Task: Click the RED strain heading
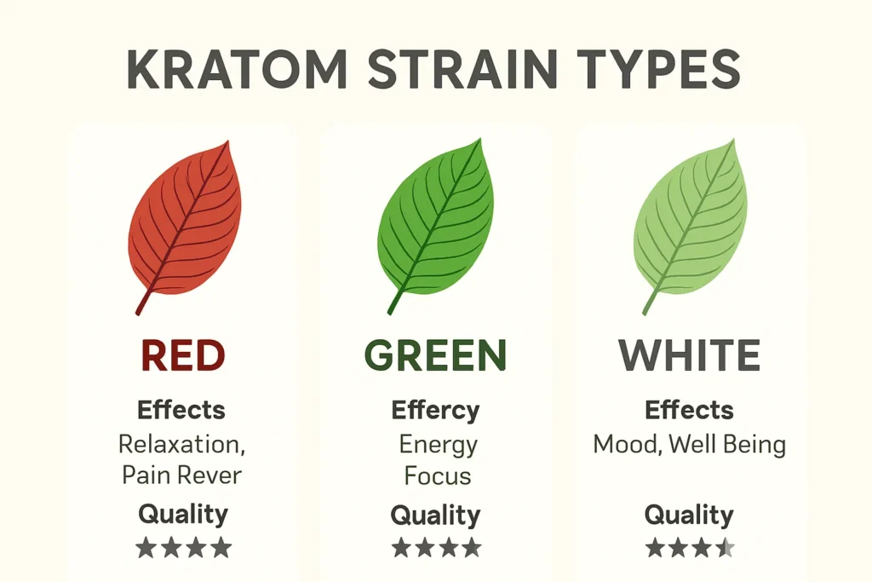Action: pyautogui.click(x=183, y=355)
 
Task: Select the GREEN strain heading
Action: pyautogui.click(x=435, y=355)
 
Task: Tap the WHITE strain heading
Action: pyautogui.click(x=690, y=355)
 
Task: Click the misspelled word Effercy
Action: pyautogui.click(x=435, y=411)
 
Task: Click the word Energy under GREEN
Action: pyautogui.click(x=438, y=445)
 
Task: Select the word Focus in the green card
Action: pyautogui.click(x=438, y=475)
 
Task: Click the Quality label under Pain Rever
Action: pyautogui.click(x=183, y=514)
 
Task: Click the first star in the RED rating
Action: pyautogui.click(x=146, y=547)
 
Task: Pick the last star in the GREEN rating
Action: pyautogui.click(x=470, y=547)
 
